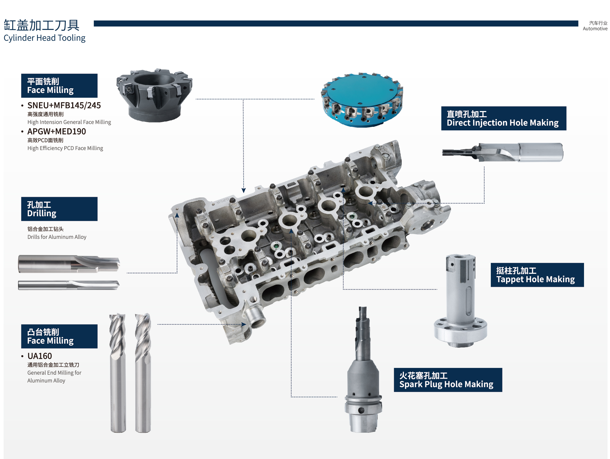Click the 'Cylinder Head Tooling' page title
click(45, 38)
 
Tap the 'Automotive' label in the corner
click(595, 29)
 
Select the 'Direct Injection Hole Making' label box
click(504, 118)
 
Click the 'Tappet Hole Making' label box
click(537, 275)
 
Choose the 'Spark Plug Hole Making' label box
click(448, 380)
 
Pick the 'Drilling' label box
click(59, 209)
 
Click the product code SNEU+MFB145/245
click(64, 105)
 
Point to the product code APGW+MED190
click(57, 131)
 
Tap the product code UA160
click(40, 356)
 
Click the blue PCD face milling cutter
click(362, 100)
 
